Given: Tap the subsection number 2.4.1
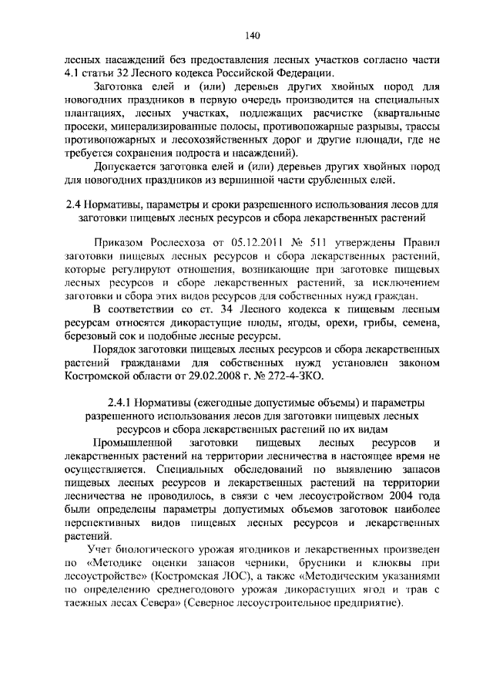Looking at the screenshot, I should (120, 402).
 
